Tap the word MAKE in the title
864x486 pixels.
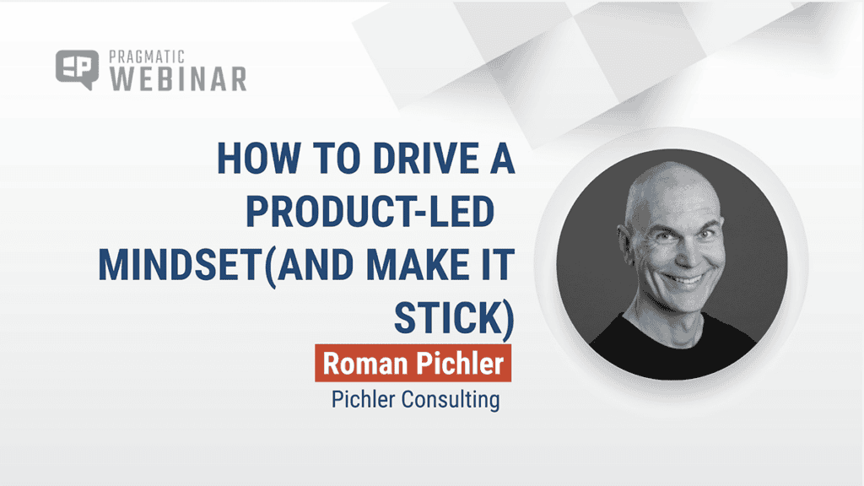(413, 265)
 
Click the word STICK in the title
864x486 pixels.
(448, 318)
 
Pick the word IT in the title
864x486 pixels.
(497, 265)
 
